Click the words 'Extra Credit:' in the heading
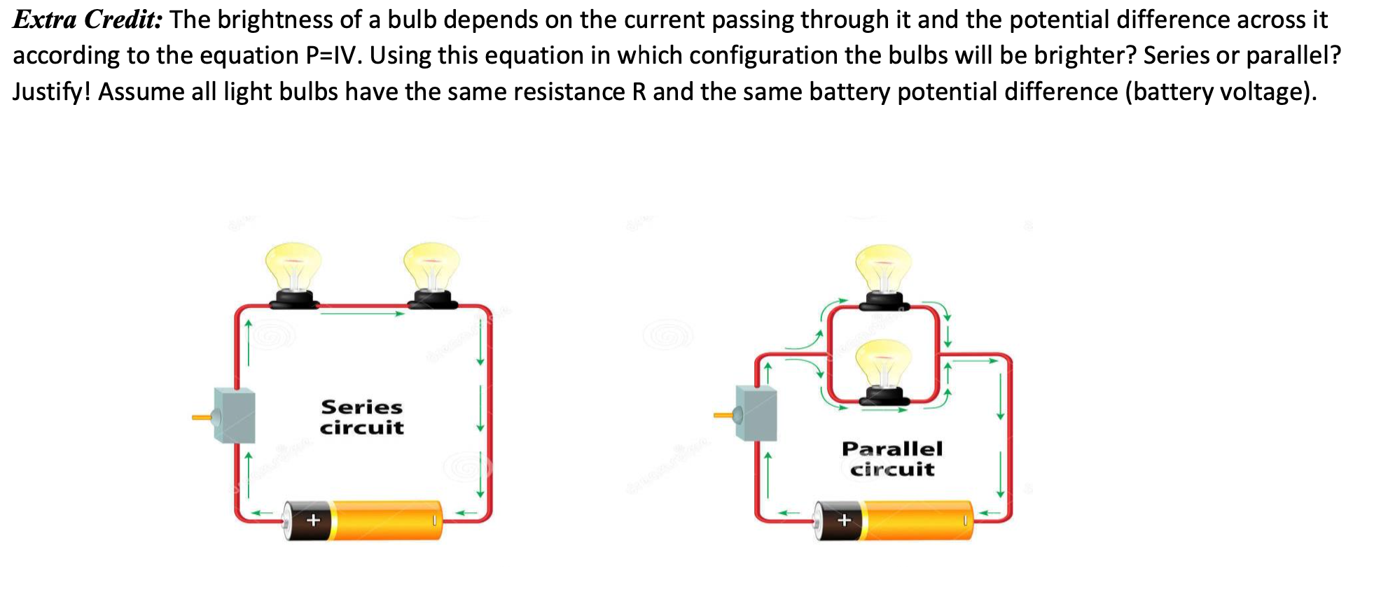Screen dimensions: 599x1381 pos(88,20)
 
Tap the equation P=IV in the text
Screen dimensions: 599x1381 pos(333,56)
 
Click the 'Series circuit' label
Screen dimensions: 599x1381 pos(361,417)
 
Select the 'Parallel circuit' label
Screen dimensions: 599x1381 pos(892,458)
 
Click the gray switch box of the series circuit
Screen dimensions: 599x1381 pos(235,416)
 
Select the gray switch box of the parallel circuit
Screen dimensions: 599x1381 pos(757,413)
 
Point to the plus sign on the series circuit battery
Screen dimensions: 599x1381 pos(313,520)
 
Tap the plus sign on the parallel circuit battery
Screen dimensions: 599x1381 pos(844,520)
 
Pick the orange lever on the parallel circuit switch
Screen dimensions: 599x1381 pos(723,416)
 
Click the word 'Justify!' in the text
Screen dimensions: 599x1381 pos(51,92)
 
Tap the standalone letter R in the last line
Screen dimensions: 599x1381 pos(639,92)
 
